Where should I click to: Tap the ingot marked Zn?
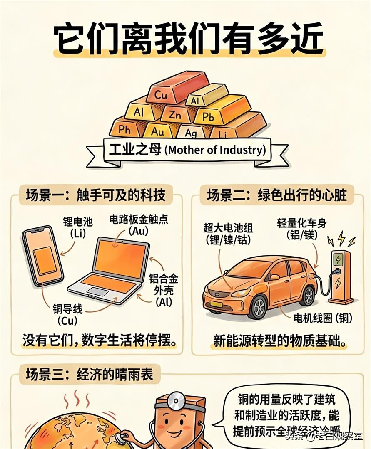tap(175, 114)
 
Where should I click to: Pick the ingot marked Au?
tap(157, 131)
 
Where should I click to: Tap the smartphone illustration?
tap(42, 256)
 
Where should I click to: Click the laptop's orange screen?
tap(121, 256)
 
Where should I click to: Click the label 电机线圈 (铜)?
tap(323, 318)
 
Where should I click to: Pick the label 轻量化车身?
tap(302, 223)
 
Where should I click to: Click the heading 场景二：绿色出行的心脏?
tap(277, 194)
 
